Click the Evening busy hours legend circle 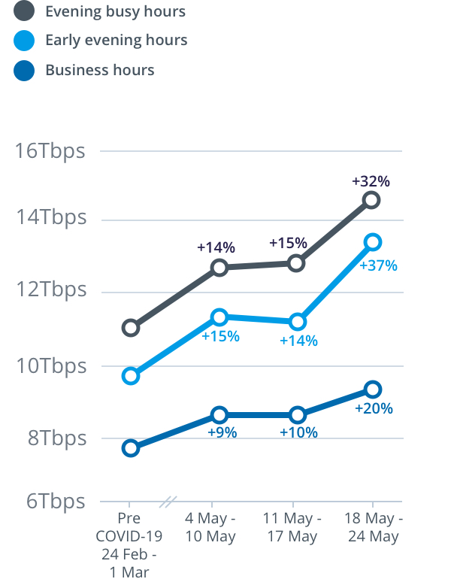point(24,12)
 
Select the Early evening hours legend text point(117,40)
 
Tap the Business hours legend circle point(24,71)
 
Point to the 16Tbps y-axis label point(50,150)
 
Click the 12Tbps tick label point(50,289)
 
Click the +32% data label point(371,181)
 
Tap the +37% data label point(378,265)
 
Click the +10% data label point(298,432)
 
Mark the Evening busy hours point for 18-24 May point(371,200)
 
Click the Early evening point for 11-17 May point(297,322)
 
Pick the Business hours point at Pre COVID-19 point(131,448)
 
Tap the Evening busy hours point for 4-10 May point(219,268)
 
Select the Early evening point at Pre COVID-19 point(131,376)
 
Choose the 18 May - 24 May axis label point(373,528)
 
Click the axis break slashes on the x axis point(170,501)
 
